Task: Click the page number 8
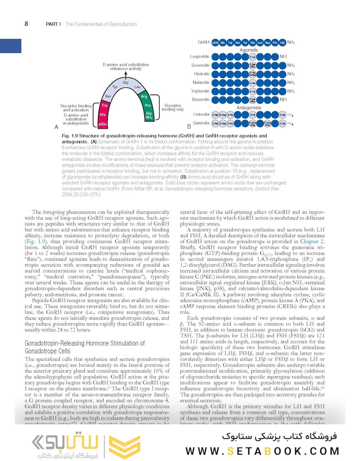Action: (x=26, y=24)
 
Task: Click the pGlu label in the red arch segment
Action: (x=102, y=124)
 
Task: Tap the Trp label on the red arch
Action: (x=104, y=105)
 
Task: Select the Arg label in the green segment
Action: (x=144, y=96)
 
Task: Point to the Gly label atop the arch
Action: (x=125, y=82)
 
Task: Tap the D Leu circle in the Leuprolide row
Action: (x=253, y=57)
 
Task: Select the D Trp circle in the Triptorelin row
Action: (x=253, y=91)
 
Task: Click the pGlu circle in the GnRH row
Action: (x=215, y=43)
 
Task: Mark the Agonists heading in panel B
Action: (x=249, y=50)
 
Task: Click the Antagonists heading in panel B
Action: (x=249, y=108)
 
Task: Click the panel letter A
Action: (x=56, y=127)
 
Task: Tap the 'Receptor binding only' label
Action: (x=172, y=107)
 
